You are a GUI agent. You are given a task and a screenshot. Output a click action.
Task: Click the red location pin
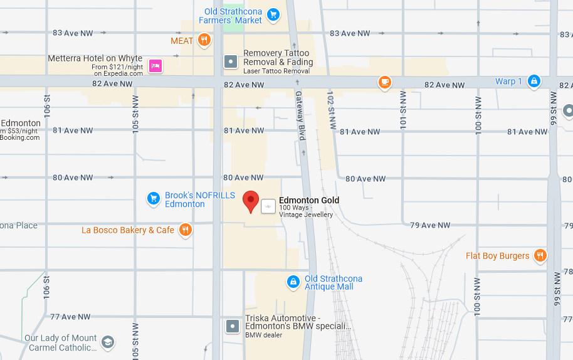(x=251, y=201)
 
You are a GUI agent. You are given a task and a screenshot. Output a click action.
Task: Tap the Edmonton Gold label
(x=309, y=201)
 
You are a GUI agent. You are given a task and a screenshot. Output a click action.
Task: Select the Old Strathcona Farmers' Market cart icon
(x=273, y=14)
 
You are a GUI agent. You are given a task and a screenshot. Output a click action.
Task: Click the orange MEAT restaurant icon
(x=204, y=41)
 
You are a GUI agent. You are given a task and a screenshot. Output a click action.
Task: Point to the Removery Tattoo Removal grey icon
(x=231, y=61)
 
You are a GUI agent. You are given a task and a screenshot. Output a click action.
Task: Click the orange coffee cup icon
(x=384, y=82)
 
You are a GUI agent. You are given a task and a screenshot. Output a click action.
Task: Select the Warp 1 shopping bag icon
(x=534, y=81)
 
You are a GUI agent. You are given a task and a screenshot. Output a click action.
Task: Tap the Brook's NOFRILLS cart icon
(x=153, y=199)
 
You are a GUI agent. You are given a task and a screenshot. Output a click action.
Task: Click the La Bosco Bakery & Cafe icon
(x=185, y=230)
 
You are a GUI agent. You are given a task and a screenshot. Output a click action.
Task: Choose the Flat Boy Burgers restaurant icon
(x=540, y=255)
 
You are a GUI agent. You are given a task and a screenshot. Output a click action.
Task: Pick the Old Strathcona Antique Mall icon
(x=292, y=282)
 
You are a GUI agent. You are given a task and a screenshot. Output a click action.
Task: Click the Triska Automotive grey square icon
(x=233, y=326)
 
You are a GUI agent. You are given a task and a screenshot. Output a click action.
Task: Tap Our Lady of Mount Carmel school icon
(x=108, y=342)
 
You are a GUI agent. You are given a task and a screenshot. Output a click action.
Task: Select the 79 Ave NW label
(x=430, y=225)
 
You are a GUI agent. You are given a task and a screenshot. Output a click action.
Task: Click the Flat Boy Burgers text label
(x=498, y=256)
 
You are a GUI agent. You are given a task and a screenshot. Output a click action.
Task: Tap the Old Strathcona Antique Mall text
(x=334, y=283)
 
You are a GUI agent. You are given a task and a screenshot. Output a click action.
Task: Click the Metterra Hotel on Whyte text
(x=95, y=58)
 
